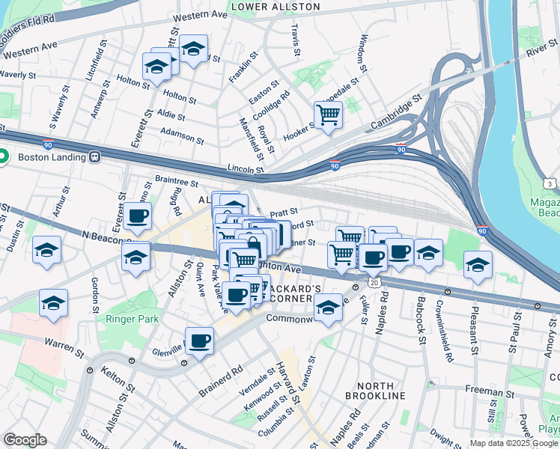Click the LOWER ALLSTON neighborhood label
276,7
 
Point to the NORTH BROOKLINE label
376,388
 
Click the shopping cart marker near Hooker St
328,115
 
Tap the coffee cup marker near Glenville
199,341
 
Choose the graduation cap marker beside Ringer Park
54,304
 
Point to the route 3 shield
550,183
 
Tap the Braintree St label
176,181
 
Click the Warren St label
62,345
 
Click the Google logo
25,440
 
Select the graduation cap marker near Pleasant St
478,265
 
